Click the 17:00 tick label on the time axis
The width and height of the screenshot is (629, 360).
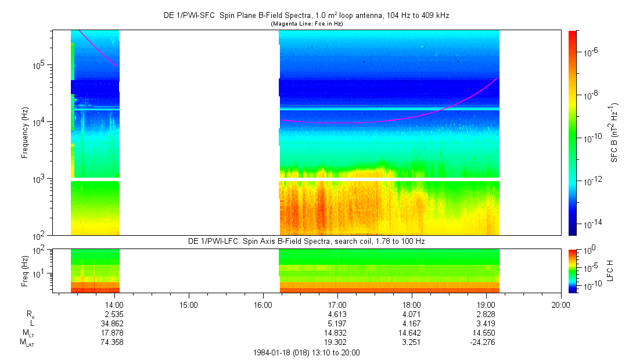(337, 304)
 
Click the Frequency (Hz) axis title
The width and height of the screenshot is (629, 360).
(25, 133)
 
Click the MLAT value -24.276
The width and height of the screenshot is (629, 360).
(483, 342)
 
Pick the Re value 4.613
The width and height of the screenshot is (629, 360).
(337, 314)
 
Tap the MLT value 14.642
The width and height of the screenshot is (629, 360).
(412, 333)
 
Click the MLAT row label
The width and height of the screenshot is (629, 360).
(27, 343)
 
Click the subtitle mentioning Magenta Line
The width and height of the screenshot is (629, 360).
(305, 23)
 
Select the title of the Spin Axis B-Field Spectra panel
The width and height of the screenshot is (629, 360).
(306, 240)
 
